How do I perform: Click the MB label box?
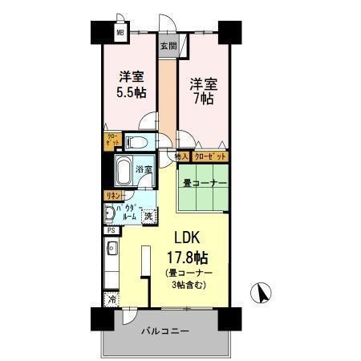[x=119, y=34]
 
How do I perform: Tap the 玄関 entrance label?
[x=168, y=46]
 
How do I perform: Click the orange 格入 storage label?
[x=182, y=156]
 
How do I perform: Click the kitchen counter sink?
[x=112, y=249]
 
